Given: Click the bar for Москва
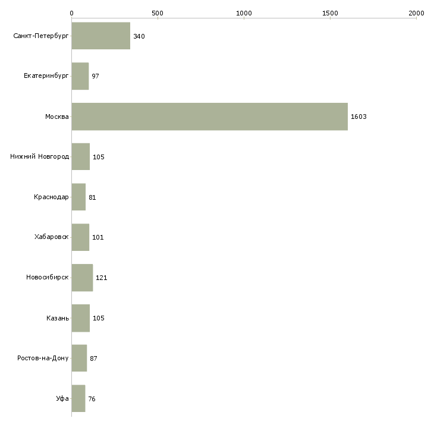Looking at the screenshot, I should click(x=209, y=117).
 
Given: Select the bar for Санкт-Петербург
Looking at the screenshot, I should click(x=100, y=36).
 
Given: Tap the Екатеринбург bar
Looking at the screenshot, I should click(x=80, y=76).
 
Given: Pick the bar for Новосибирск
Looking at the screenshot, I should click(x=82, y=278).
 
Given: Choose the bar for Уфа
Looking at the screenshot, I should click(x=78, y=398).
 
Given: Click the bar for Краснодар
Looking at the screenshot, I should click(x=78, y=197).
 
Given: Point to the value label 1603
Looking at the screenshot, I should click(x=358, y=117).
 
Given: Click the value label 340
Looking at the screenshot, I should click(x=139, y=36).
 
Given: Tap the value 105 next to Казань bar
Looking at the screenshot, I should click(x=98, y=318).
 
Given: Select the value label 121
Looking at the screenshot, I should click(x=101, y=278).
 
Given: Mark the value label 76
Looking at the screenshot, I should click(x=92, y=399).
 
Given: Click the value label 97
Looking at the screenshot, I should click(x=95, y=76).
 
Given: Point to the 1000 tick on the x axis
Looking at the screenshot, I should click(x=244, y=12).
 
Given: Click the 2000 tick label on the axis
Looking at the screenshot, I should click(x=416, y=12).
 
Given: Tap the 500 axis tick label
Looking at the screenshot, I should click(x=158, y=12).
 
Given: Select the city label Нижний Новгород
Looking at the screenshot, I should click(x=39, y=157).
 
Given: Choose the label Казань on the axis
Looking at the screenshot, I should click(x=58, y=318).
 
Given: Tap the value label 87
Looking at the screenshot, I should click(x=94, y=358).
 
